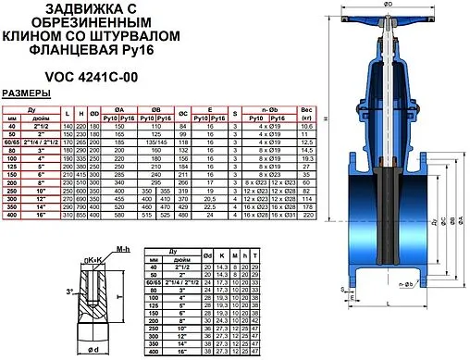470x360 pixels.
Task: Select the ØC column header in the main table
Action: point(208,115)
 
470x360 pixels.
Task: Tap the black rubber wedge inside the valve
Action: point(387,203)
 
